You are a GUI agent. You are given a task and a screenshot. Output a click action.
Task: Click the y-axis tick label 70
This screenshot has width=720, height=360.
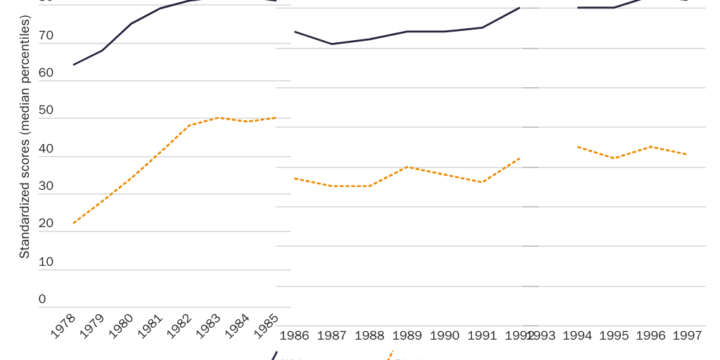coord(46,35)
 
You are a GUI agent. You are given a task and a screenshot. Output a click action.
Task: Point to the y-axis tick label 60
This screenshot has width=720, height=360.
coord(46,73)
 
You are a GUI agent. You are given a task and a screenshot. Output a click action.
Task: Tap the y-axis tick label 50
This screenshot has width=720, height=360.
coord(46,110)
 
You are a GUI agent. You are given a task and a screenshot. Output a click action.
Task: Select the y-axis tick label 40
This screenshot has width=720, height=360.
coord(46,148)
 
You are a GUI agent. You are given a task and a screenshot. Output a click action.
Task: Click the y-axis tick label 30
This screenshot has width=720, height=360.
coord(46,186)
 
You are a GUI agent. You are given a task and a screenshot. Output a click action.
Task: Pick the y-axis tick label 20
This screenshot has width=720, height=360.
coord(46,224)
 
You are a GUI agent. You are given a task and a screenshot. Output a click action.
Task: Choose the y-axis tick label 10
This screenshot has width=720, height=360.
coord(46,262)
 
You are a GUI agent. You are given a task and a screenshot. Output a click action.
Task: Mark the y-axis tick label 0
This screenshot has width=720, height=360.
coord(42,299)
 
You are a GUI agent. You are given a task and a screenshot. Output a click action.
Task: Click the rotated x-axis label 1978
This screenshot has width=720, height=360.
coord(64,327)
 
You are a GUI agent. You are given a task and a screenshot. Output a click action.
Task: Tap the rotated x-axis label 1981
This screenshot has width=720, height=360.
coord(150,327)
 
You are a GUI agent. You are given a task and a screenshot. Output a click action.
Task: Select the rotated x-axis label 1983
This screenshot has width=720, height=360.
coord(209,327)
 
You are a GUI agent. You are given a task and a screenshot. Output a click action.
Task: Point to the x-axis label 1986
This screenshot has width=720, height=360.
coord(294,335)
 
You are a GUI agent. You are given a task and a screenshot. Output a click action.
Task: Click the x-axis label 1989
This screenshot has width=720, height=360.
coord(407,335)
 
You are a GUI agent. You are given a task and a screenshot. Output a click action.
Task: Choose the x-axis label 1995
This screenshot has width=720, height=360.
coord(614,335)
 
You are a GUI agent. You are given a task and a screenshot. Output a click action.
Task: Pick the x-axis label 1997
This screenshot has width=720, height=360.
coord(687,335)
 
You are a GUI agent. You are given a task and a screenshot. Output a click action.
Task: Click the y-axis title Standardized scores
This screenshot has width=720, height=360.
coord(25,137)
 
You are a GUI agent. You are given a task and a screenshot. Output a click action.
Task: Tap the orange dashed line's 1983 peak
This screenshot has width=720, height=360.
coord(221,117)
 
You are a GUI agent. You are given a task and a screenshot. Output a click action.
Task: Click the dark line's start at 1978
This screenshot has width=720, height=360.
coord(73,65)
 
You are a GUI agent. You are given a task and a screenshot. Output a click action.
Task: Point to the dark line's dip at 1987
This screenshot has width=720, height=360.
coord(332,44)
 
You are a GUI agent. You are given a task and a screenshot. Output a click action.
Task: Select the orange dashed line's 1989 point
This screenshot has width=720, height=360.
coord(407,167)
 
